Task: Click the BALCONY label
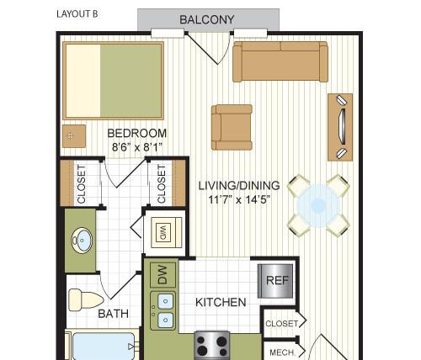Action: tap(206, 19)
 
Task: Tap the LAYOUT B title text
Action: tap(77, 14)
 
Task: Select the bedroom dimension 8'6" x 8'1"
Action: tap(137, 146)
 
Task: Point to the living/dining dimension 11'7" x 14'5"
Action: tap(239, 199)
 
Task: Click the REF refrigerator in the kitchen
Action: tap(276, 281)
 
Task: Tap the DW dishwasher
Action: tap(163, 275)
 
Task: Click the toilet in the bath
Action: tap(85, 299)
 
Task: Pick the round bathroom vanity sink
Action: tap(82, 241)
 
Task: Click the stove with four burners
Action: tap(212, 346)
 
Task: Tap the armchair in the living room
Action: tap(232, 127)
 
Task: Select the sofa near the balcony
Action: tap(280, 61)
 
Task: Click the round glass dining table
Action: tap(318, 205)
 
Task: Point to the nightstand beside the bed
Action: tap(74, 136)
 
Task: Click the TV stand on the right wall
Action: tap(340, 127)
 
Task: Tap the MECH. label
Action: tap(282, 352)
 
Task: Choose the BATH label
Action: tap(114, 314)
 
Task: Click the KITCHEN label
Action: tap(221, 302)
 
